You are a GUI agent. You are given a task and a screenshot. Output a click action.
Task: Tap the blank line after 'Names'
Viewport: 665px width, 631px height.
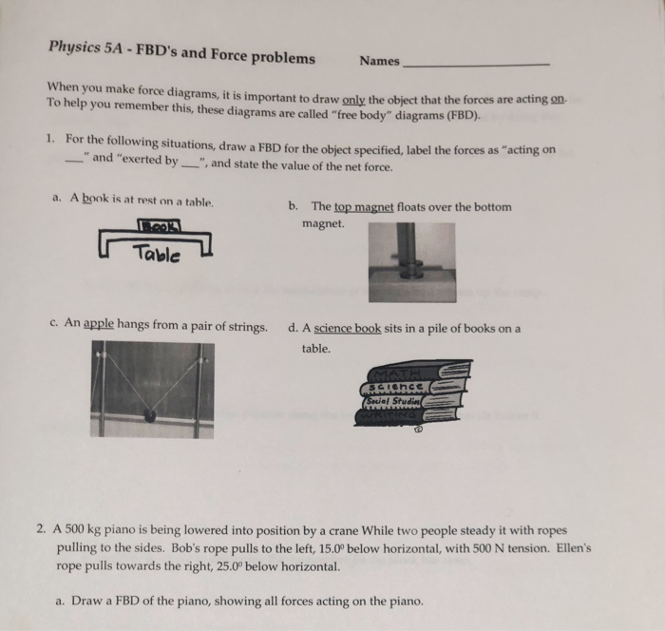(x=475, y=63)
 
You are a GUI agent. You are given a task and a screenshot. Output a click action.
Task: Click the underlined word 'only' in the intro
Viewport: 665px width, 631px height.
(x=354, y=100)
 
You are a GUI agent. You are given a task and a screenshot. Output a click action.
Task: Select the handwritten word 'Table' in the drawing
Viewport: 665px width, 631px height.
(x=155, y=253)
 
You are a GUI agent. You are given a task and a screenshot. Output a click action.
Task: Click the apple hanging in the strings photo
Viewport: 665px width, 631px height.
(x=149, y=413)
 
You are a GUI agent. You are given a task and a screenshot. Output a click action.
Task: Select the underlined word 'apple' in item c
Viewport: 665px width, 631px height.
(x=99, y=325)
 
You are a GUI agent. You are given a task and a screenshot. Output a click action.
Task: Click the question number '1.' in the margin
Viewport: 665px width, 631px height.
(x=50, y=141)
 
